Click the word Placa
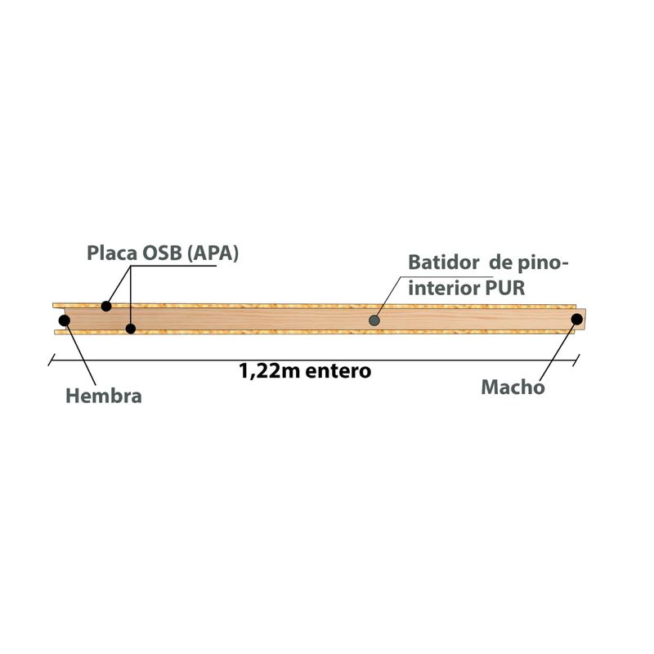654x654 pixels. pyautogui.click(x=111, y=253)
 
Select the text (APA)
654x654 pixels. pyautogui.click(x=213, y=253)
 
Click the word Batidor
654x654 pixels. pyautogui.click(x=444, y=262)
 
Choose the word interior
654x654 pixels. pyautogui.click(x=444, y=289)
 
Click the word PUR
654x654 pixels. pyautogui.click(x=505, y=289)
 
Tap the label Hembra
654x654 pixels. pyautogui.click(x=104, y=396)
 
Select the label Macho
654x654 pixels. pyautogui.click(x=513, y=387)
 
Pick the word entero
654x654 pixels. pyautogui.click(x=338, y=371)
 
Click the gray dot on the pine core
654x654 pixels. pyautogui.click(x=374, y=320)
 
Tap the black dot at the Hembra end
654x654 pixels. pyautogui.click(x=65, y=320)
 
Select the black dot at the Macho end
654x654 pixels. pyautogui.click(x=577, y=320)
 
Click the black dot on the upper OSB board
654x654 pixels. pyautogui.click(x=106, y=306)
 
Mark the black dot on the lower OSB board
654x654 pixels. pyautogui.click(x=131, y=329)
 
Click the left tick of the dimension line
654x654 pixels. pyautogui.click(x=52, y=360)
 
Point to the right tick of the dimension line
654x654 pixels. pyautogui.click(x=576, y=360)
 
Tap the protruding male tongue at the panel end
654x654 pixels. pyautogui.click(x=581, y=319)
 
